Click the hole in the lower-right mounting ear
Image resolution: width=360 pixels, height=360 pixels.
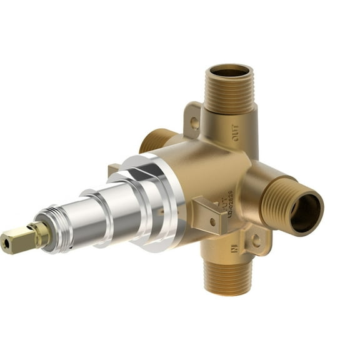256,239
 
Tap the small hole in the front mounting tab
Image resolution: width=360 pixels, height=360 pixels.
212,221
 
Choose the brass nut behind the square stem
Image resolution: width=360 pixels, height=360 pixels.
41,231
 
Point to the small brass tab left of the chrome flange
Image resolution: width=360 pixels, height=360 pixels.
113,170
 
